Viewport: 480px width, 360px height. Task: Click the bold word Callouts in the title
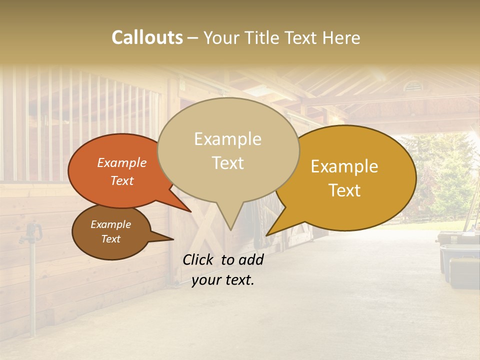[x=147, y=37]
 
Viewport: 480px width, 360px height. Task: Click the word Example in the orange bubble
[x=121, y=162]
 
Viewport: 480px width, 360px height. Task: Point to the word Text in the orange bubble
[x=121, y=180]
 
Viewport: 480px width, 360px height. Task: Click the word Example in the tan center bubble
[x=227, y=139]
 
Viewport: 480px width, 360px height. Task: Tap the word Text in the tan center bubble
[x=227, y=163]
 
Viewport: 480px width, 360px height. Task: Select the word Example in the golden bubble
[x=344, y=166]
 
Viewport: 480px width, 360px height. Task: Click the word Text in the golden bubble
[x=344, y=190]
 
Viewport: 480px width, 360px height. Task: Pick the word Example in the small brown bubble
[x=110, y=224]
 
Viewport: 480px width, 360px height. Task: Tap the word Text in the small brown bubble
[x=110, y=239]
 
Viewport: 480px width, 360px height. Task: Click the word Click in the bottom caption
[x=199, y=259]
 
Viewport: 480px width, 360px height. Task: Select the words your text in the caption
[x=222, y=280]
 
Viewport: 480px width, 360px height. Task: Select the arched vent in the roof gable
[x=413, y=86]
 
